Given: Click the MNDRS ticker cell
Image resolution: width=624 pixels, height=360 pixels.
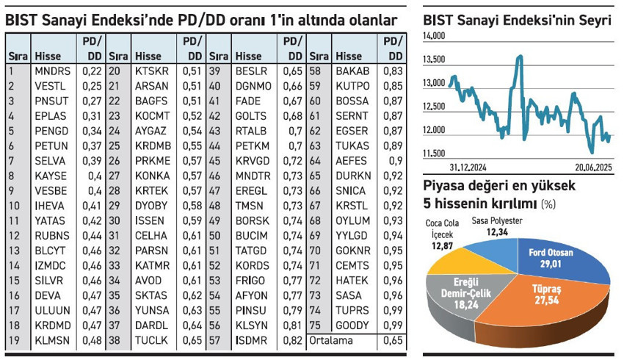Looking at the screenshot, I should (52, 71).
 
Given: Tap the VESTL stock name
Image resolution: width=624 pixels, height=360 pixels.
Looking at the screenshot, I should (50, 86).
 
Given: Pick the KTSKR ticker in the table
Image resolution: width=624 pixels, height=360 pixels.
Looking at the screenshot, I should (152, 71).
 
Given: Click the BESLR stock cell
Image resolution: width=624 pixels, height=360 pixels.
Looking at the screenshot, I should (253, 71).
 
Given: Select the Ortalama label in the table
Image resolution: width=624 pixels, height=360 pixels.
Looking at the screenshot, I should (332, 340).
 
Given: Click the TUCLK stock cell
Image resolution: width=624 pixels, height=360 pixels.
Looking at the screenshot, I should (151, 340).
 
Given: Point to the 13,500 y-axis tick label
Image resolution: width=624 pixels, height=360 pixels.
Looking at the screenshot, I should (435, 60).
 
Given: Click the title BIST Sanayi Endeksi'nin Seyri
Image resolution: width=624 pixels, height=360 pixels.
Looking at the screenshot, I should (517, 20).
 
